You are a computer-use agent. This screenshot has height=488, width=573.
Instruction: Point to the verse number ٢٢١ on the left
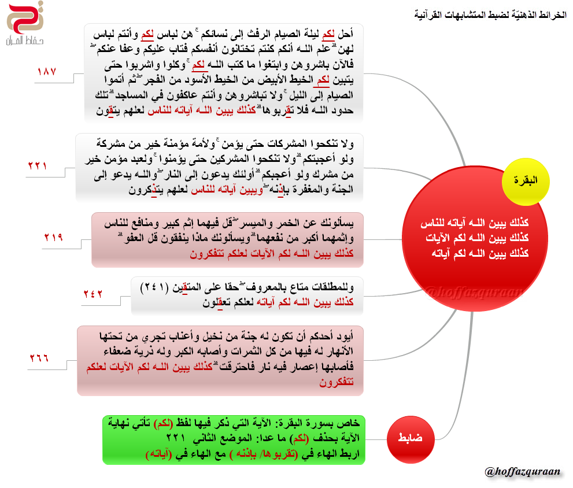pos(38,166)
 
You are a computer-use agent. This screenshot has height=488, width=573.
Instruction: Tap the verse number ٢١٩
pos(53,238)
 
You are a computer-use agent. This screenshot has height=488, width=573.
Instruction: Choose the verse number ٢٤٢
pos(92,294)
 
